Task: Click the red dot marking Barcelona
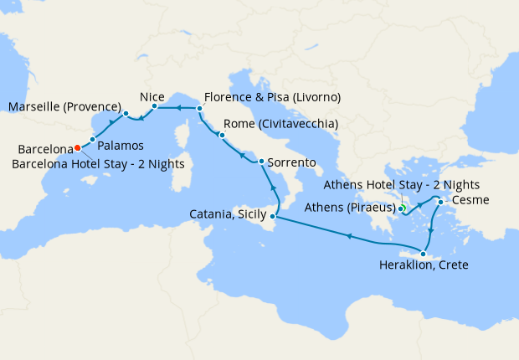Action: (x=77, y=147)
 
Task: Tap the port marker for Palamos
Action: (x=93, y=138)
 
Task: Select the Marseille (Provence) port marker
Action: (x=125, y=113)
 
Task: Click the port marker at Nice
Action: (x=155, y=106)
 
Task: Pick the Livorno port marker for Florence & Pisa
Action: (x=199, y=108)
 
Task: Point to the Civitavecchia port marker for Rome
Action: (x=222, y=135)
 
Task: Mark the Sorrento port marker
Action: (x=261, y=162)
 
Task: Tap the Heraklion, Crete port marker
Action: (x=424, y=255)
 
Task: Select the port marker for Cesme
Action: (x=439, y=201)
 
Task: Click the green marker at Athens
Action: (x=402, y=208)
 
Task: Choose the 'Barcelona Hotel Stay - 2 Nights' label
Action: (x=99, y=163)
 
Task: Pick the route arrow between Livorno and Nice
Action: (x=178, y=108)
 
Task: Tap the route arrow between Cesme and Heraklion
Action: (x=430, y=230)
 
